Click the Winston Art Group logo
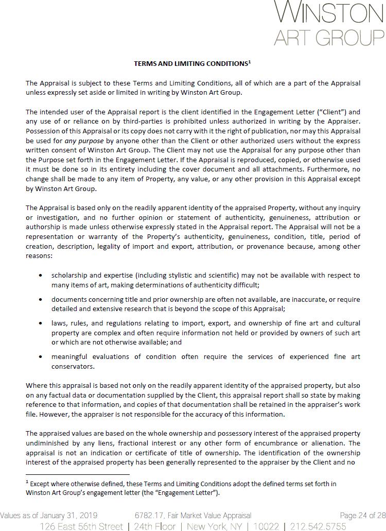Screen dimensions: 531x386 click(x=329, y=23)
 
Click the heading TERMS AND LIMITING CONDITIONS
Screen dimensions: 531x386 click(x=190, y=64)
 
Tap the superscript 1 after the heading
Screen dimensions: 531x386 click(x=250, y=62)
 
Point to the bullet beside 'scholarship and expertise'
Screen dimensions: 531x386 click(x=41, y=276)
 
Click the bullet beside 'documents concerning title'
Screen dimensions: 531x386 click(x=41, y=299)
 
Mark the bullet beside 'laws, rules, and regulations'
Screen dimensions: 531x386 click(x=41, y=323)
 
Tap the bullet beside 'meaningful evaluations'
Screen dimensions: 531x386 click(x=41, y=356)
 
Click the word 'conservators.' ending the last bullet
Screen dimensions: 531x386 click(x=73, y=366)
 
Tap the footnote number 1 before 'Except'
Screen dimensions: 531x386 click(x=27, y=483)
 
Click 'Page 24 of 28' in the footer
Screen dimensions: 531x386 click(x=362, y=515)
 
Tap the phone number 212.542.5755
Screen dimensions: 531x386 click(x=318, y=526)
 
